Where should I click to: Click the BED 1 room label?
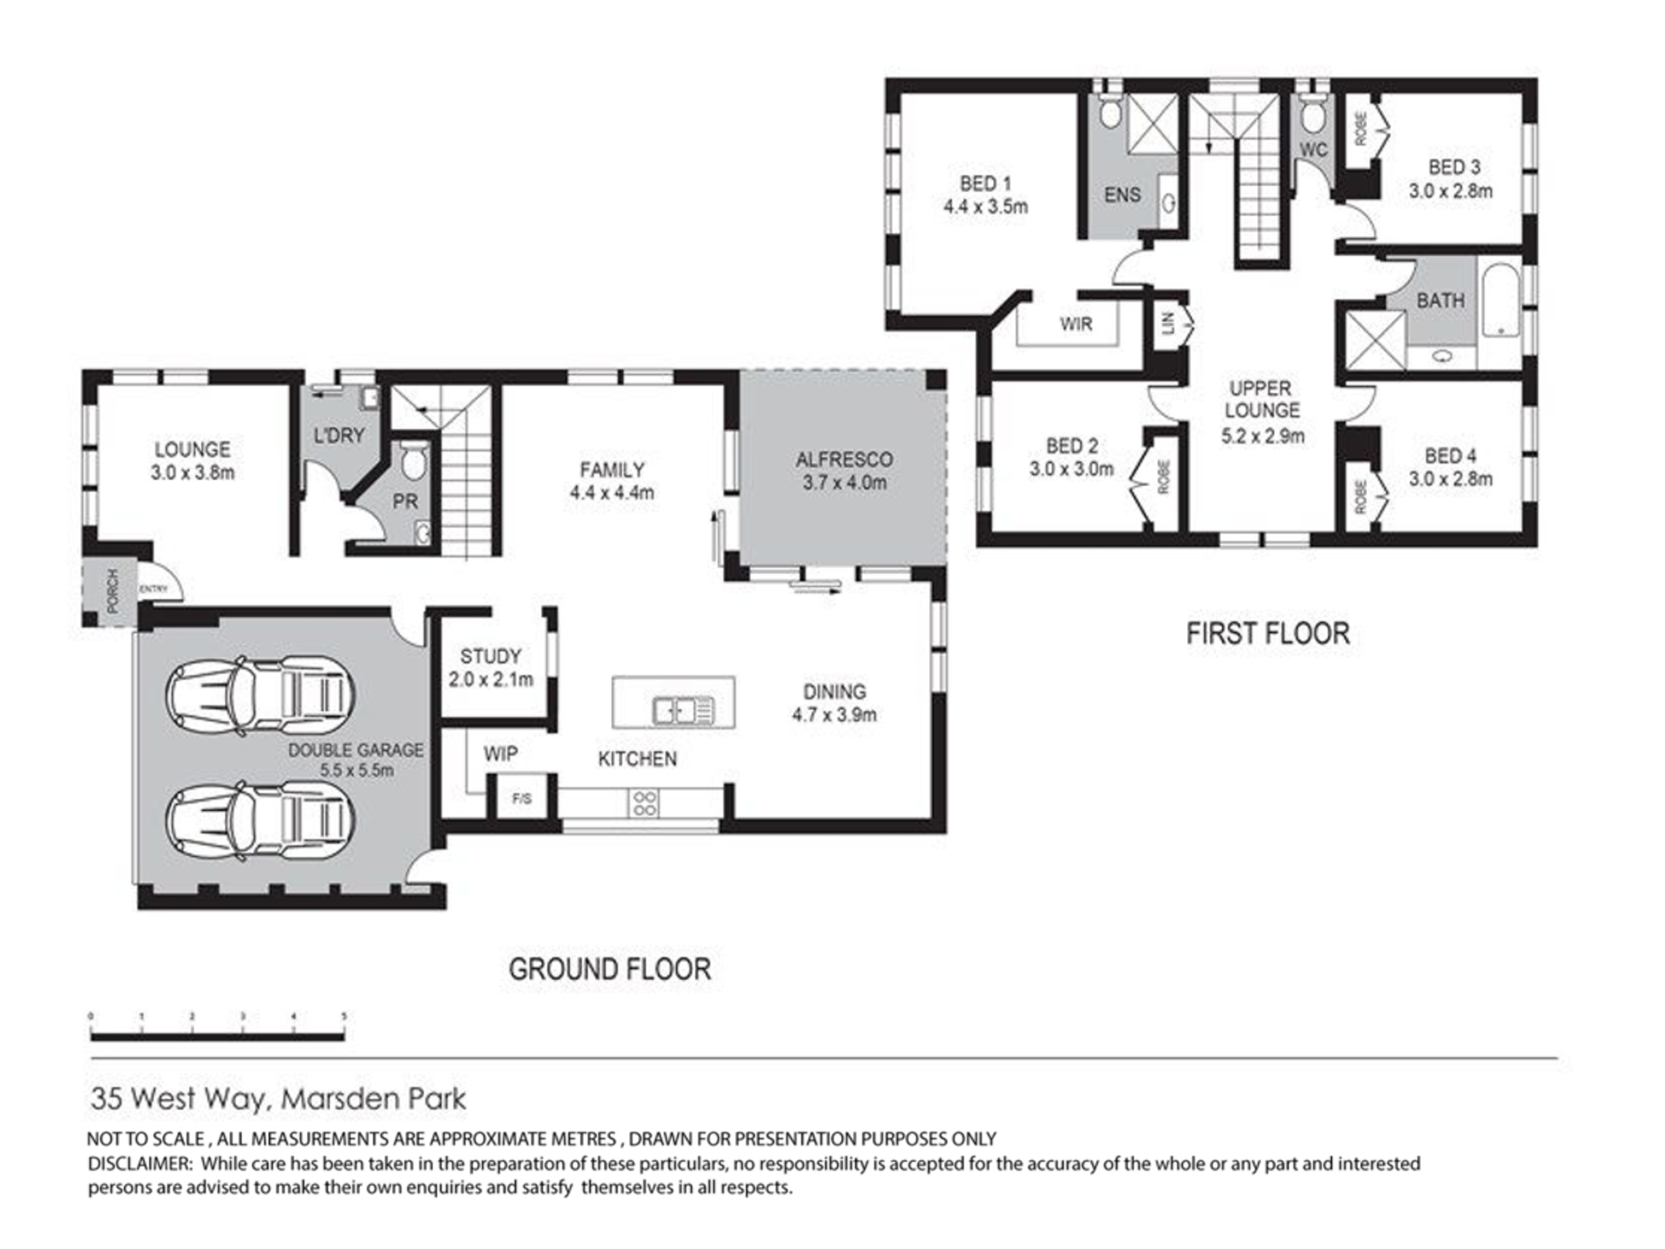985,195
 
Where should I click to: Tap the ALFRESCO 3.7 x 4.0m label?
844,470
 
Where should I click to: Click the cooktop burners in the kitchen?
645,803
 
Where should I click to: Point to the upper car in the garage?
261,692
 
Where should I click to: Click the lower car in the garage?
261,820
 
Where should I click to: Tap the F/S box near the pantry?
522,799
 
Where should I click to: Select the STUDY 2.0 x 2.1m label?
490,667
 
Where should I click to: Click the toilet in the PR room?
413,460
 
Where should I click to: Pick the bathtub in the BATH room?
1501,300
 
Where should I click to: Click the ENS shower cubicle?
1153,122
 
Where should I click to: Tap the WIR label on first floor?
1076,324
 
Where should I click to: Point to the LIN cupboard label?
1168,323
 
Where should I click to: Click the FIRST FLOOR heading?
1267,634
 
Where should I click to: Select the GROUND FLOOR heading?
609,969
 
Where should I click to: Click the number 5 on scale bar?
344,1017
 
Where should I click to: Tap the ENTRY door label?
153,589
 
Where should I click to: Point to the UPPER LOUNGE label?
1262,411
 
